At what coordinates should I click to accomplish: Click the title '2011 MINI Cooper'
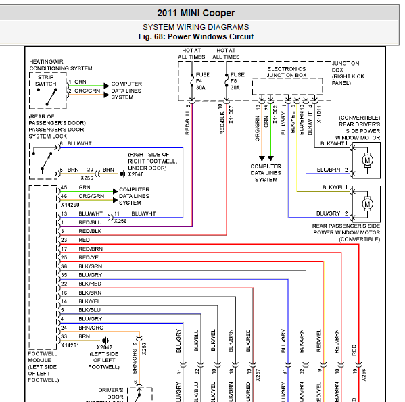click(196, 13)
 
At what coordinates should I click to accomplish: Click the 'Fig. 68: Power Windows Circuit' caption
click(196, 36)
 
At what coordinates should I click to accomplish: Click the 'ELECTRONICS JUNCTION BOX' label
click(287, 72)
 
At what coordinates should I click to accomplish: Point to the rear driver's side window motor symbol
click(367, 160)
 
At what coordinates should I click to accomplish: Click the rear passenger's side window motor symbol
click(367, 204)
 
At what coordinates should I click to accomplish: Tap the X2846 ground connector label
click(136, 174)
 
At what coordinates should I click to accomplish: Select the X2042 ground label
click(104, 347)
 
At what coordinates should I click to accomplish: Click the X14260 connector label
click(70, 205)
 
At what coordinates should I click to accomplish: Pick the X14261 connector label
click(70, 345)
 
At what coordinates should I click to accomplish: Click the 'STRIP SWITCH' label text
click(46, 80)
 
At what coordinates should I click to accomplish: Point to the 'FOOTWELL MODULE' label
click(39, 357)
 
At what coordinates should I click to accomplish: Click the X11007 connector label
click(231, 115)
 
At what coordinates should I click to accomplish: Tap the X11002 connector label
click(275, 115)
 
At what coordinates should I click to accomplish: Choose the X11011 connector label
click(319, 114)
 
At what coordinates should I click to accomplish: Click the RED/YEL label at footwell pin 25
click(90, 257)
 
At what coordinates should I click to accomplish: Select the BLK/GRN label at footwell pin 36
click(90, 266)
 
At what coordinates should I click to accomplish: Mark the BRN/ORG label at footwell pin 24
click(91, 328)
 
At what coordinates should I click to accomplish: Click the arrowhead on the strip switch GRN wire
click(106, 86)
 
